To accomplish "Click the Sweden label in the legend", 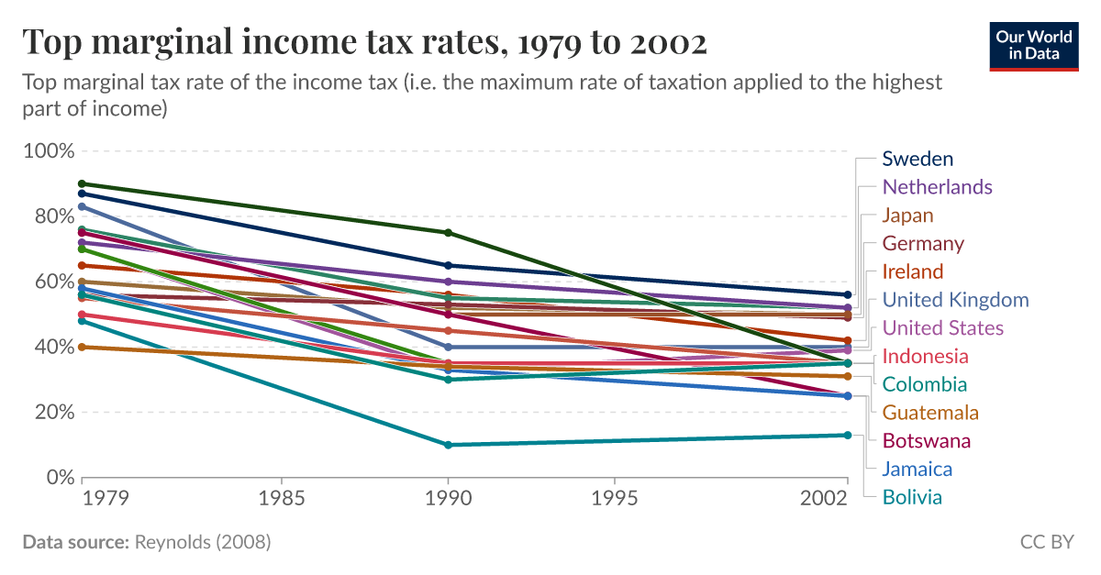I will point(917,159).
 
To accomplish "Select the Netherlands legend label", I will point(937,187).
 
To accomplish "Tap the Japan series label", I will point(907,216).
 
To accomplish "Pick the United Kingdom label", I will point(955,300).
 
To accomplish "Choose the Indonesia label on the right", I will point(925,356).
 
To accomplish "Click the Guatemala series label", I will point(930,413).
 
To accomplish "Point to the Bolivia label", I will point(912,497).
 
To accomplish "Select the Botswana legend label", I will point(926,441).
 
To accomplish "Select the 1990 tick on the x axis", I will point(448,499).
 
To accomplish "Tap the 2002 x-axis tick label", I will point(822,499).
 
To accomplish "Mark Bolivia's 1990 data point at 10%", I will point(448,445).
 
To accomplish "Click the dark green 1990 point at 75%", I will point(448,233).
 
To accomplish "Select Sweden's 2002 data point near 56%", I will point(847,294).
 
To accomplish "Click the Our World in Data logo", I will point(1034,44).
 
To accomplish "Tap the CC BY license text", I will point(1046,542).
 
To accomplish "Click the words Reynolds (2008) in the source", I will point(202,542).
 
